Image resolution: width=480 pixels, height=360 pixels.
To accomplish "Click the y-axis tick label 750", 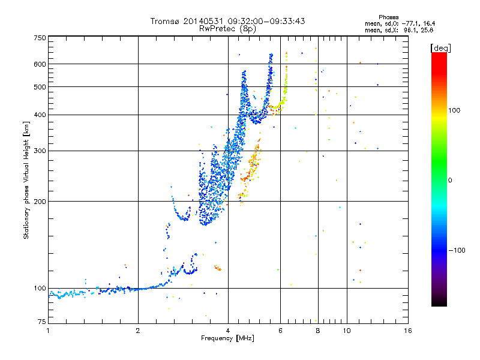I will [x=39, y=38].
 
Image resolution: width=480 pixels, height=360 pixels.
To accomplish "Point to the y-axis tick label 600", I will [x=39, y=64].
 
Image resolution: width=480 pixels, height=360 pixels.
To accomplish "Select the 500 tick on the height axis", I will [x=39, y=87].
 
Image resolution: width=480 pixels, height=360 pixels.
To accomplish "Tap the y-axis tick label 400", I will [x=39, y=115].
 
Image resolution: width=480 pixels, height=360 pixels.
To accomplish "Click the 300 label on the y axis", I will [x=39, y=151].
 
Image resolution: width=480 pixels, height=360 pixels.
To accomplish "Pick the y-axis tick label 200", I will [x=39, y=201].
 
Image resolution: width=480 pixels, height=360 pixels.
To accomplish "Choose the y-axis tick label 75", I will [x=41, y=322].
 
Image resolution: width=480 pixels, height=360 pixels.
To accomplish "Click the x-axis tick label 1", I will [x=48, y=331].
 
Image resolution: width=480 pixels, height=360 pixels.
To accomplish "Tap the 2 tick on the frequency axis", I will [x=138, y=331].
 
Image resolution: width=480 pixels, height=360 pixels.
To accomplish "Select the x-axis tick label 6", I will [x=281, y=331].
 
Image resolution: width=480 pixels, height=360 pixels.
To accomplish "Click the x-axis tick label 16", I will [x=407, y=331].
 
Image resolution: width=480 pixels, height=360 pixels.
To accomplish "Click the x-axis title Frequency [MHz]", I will [x=227, y=339].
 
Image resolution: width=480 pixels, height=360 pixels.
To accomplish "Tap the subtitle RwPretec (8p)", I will [x=227, y=28].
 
